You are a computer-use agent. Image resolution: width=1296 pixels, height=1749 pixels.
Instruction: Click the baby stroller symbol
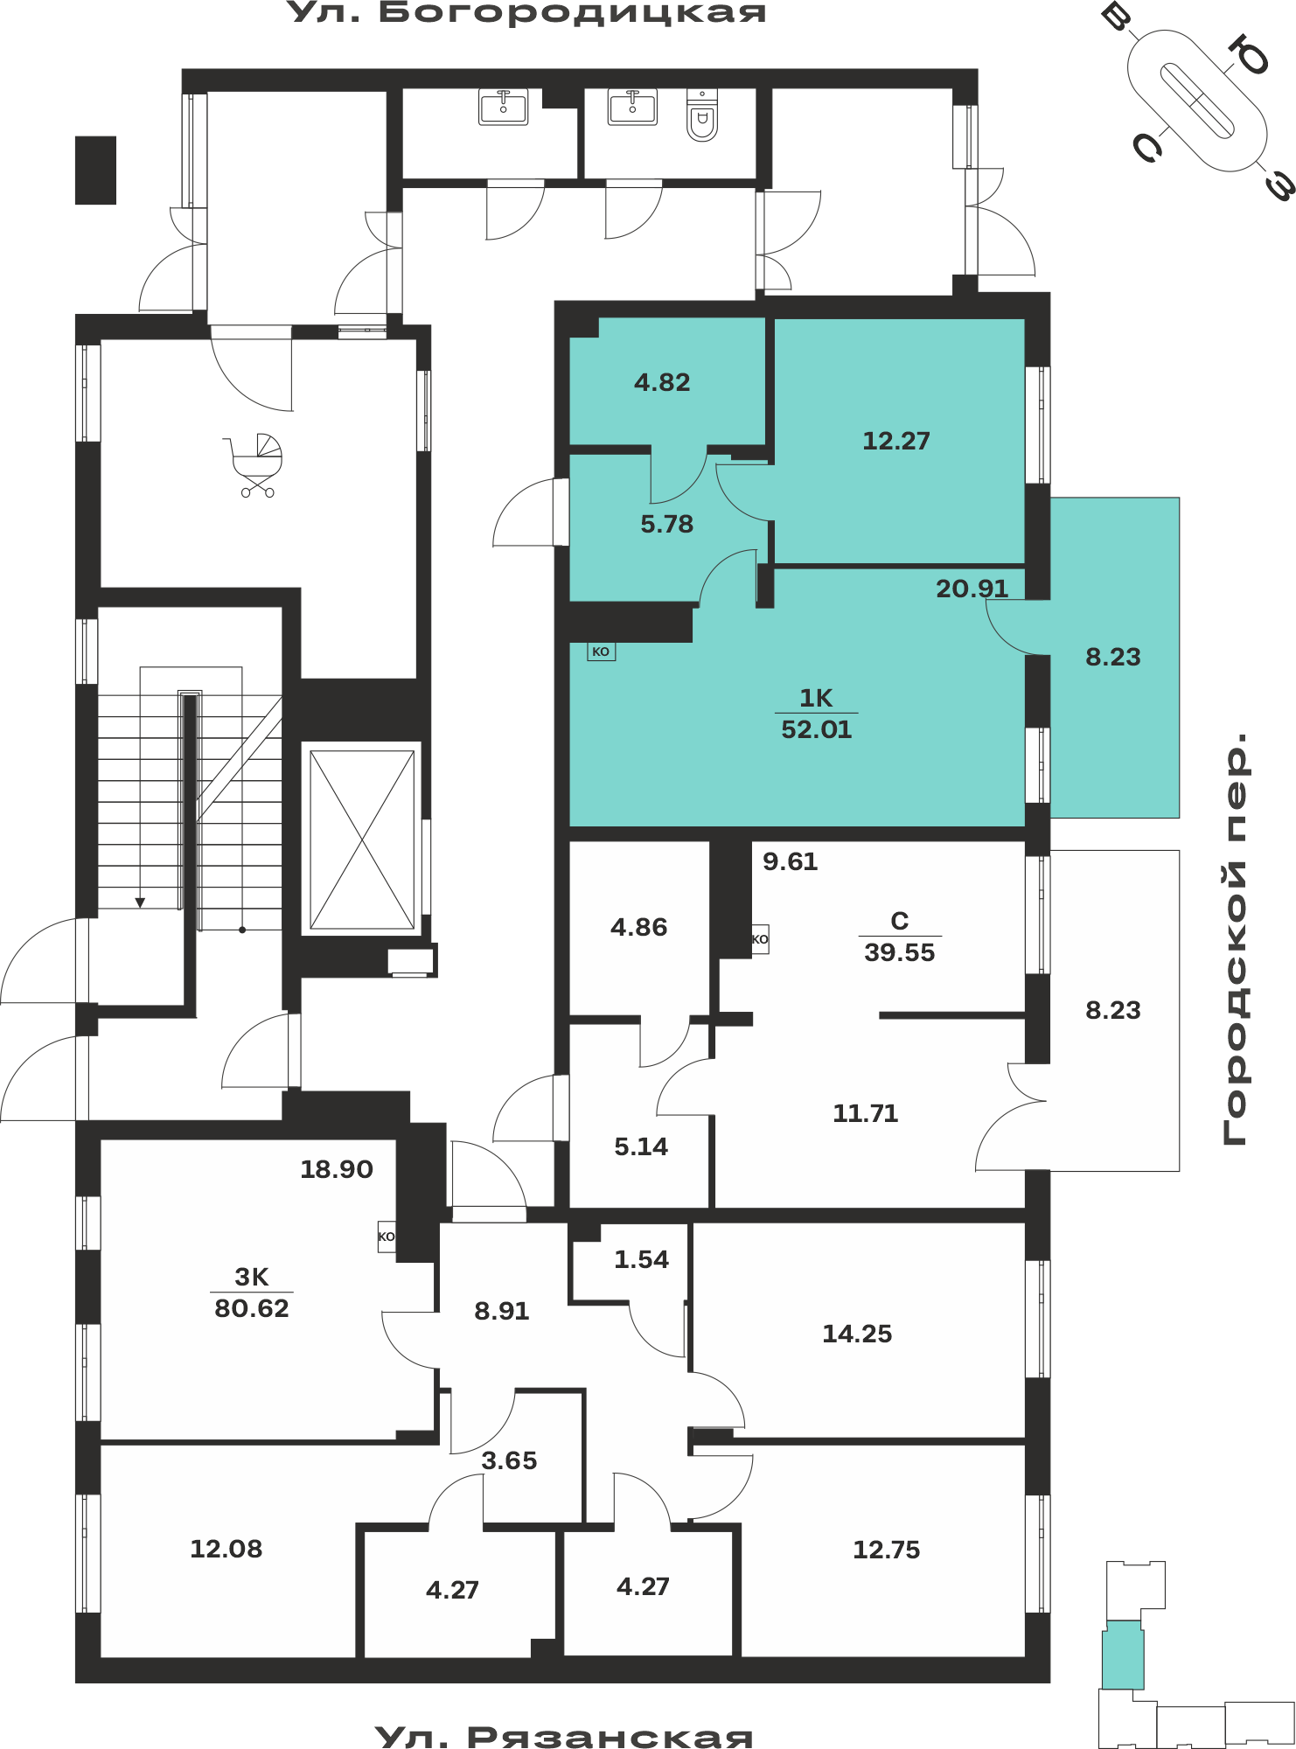pos(254,466)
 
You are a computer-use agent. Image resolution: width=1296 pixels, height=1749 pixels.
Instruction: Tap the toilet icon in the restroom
pos(702,115)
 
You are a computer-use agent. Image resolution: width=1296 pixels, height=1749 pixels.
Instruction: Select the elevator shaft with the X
pos(362,840)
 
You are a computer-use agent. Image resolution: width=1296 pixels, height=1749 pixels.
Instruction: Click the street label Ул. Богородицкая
pos(527,13)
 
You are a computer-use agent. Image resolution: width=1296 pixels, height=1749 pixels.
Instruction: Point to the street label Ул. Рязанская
pos(565,1736)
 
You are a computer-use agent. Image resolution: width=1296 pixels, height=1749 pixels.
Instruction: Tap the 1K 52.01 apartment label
pos(816,714)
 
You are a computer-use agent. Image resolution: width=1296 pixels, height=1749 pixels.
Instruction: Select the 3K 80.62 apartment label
pos(252,1293)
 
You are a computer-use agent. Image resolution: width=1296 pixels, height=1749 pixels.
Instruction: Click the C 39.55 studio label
pos(900,937)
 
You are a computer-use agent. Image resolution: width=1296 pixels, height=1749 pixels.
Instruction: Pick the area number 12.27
pos(896,441)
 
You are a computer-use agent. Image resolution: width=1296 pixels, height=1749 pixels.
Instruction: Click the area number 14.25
pos(857,1334)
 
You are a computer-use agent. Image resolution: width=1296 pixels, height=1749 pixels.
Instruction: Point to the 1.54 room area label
pos(641,1259)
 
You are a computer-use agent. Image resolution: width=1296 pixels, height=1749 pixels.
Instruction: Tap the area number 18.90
pos(337,1169)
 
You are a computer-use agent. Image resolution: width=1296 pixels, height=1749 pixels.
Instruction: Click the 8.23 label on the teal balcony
pos(1113,657)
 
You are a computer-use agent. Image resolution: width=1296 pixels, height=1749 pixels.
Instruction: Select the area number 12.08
pos(226,1549)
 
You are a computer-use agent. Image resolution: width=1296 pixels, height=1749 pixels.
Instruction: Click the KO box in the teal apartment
pos(601,652)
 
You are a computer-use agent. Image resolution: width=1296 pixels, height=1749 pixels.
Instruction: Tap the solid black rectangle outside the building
pos(95,171)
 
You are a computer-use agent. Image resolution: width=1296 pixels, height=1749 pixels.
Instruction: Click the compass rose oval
pos(1196,101)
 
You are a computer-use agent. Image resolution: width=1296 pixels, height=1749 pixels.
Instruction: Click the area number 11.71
pos(866,1113)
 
